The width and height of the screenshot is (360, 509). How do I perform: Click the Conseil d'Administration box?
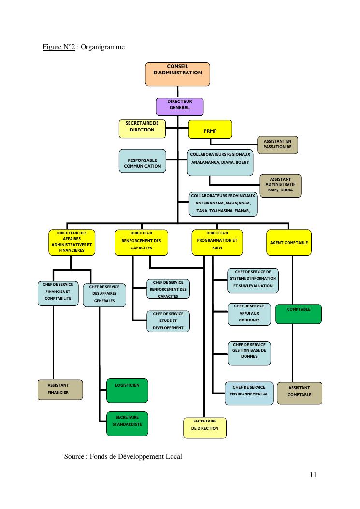177,73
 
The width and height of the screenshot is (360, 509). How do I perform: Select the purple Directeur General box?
179,106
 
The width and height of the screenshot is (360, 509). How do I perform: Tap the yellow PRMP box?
210,130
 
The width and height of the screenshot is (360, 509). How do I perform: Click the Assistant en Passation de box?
277,145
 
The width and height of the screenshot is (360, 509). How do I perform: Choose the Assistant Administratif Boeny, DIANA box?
280,186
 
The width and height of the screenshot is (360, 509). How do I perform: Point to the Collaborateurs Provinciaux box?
222,204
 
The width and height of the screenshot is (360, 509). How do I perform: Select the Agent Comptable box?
288,243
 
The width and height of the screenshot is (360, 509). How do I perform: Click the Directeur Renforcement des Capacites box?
141,243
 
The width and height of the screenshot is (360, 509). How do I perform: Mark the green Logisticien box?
127,391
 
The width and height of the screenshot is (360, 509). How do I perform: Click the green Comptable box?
298,314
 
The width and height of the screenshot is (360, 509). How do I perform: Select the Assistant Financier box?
60,390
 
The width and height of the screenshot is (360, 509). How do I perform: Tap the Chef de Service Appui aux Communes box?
249,314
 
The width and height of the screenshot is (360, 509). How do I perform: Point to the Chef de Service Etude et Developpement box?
168,321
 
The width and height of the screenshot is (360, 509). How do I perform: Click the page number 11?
313,475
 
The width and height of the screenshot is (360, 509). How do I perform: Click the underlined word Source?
74,456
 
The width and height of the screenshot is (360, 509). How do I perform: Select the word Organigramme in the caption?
102,47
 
